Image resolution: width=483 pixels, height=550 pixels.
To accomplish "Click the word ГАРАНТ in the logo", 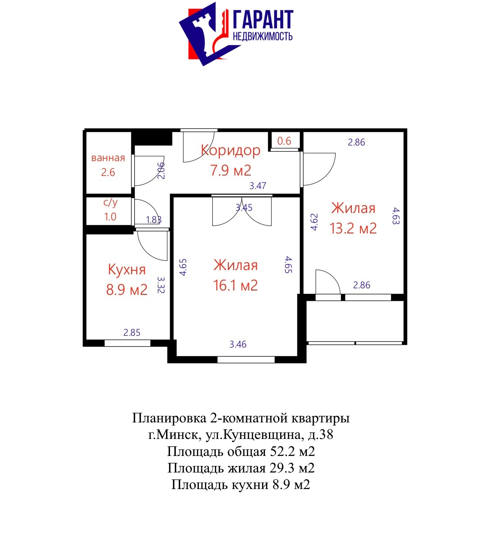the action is (263, 20).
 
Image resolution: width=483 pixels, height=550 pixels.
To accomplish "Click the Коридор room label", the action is (231, 151).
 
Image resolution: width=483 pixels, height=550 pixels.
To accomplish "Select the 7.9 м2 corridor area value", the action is (231, 170).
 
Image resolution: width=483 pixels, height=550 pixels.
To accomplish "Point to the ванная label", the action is (108, 158).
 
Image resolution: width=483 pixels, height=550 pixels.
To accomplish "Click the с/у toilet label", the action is (110, 203).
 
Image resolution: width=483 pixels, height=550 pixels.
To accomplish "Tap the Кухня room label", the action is (127, 269).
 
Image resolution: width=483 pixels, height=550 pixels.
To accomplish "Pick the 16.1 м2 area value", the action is (235, 286).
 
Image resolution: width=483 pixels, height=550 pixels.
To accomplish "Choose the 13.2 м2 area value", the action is (353, 228).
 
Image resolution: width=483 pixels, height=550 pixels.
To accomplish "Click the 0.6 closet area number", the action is (284, 141).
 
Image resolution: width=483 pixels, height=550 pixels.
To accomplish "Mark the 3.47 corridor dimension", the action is (258, 186).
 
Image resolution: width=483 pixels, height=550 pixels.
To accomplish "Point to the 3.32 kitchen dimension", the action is (161, 285).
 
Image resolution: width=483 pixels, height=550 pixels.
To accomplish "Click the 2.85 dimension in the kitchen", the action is (132, 333).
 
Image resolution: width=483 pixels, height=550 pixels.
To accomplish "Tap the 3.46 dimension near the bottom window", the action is (238, 344).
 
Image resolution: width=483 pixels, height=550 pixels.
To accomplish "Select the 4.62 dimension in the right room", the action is (314, 222).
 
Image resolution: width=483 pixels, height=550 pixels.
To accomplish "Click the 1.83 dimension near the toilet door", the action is (153, 219).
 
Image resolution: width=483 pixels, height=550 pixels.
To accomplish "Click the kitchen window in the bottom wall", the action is (127, 343).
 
